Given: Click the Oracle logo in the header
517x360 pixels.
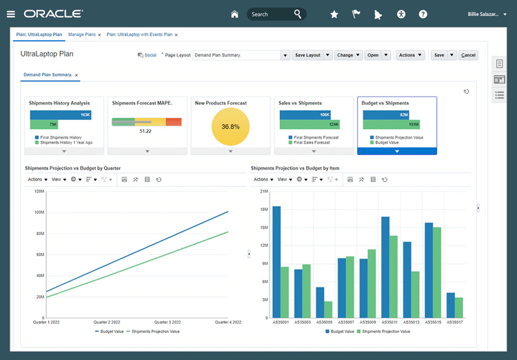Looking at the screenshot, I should (53, 14).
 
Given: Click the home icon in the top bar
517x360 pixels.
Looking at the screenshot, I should (234, 14).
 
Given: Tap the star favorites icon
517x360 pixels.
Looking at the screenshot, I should (334, 14).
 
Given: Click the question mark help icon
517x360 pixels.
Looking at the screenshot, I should (423, 14).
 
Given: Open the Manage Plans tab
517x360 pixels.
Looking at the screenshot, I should (82, 34).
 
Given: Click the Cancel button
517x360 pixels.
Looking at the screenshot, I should (468, 55).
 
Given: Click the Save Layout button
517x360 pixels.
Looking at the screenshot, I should (307, 55).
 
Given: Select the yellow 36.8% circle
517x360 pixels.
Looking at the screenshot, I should (230, 127).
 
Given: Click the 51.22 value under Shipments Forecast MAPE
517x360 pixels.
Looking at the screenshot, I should (145, 131).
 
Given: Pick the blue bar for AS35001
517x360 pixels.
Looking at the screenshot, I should (276, 262).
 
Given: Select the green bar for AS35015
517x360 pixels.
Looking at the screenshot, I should (437, 272).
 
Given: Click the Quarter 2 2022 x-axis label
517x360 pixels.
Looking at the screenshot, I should (106, 322).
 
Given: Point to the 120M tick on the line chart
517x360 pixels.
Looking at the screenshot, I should (39, 191).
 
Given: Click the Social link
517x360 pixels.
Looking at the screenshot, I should (148, 55).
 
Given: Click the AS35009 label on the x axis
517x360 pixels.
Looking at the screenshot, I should (367, 322).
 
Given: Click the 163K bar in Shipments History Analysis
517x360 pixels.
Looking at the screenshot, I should (60, 115).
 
